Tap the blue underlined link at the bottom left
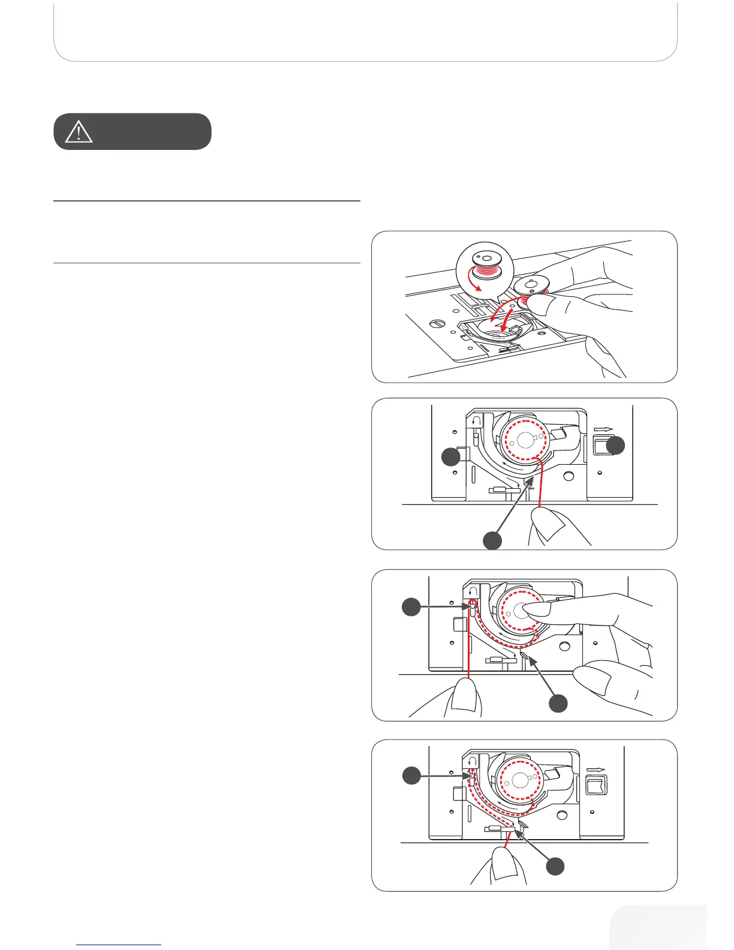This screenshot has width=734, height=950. [x=119, y=945]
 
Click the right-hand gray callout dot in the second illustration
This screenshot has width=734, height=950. [x=615, y=445]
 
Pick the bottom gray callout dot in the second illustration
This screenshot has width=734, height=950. [x=493, y=540]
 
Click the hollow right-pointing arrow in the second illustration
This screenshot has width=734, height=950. [x=604, y=429]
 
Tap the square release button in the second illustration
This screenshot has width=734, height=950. [x=600, y=446]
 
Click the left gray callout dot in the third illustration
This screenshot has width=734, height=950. [x=411, y=608]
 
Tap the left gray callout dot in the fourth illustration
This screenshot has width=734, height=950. [x=411, y=775]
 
